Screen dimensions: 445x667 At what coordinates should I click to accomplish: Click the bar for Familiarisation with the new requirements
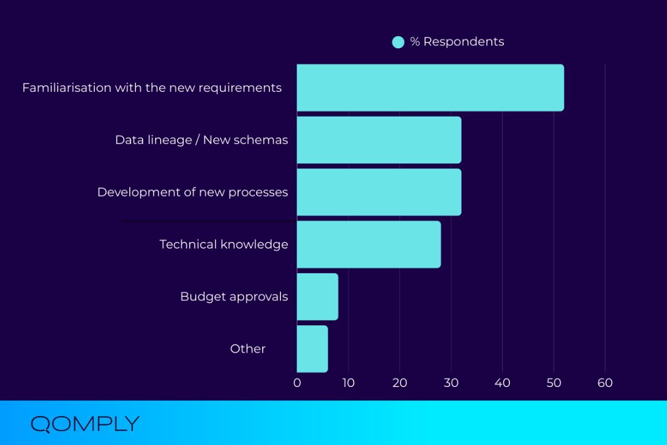click(430, 88)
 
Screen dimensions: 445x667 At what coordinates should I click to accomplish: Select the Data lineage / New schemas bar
click(379, 140)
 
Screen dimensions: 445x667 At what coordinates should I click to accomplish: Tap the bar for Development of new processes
click(379, 192)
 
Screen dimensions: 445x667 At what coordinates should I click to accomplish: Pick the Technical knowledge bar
click(369, 244)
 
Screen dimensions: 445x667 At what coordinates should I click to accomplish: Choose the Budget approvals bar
click(317, 296)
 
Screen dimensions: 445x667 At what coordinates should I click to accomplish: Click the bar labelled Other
click(312, 349)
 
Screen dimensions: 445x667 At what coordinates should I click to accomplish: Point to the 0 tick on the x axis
click(297, 383)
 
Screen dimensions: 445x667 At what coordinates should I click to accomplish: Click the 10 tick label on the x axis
click(348, 383)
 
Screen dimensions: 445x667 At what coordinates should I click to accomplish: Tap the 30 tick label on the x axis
click(451, 383)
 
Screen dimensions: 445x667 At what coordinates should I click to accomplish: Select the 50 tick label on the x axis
click(553, 383)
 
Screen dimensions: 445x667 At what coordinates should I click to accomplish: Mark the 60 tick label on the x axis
click(605, 383)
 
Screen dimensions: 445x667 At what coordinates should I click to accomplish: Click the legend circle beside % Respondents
click(398, 42)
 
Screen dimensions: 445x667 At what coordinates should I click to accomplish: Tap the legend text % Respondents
click(457, 42)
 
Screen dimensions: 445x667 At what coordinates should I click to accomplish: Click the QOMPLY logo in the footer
click(85, 424)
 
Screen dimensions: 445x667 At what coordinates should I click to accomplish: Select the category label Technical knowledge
click(224, 244)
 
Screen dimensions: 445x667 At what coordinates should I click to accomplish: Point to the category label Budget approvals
click(234, 296)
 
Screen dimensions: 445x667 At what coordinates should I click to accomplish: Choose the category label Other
click(248, 349)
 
